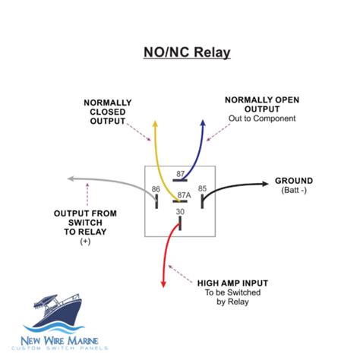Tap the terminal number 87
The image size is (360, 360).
tap(179, 174)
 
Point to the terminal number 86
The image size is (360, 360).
tap(156, 188)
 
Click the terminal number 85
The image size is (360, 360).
tap(203, 188)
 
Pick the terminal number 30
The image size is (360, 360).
tap(179, 212)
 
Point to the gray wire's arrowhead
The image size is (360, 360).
tap(71, 179)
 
